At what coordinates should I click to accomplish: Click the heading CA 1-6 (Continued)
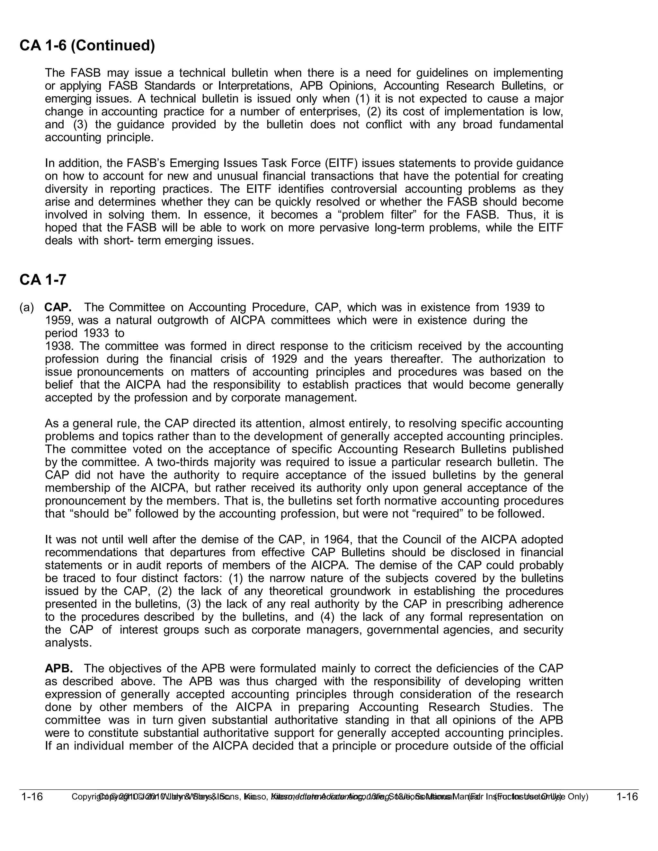[87, 46]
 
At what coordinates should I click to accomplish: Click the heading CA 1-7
[43, 280]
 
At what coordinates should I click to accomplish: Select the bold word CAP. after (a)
[58, 307]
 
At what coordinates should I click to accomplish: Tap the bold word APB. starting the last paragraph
[58, 669]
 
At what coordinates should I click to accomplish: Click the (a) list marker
[27, 307]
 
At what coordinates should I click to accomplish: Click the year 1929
[284, 359]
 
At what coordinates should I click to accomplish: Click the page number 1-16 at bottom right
[627, 796]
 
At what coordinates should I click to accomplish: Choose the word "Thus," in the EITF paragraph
[525, 215]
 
